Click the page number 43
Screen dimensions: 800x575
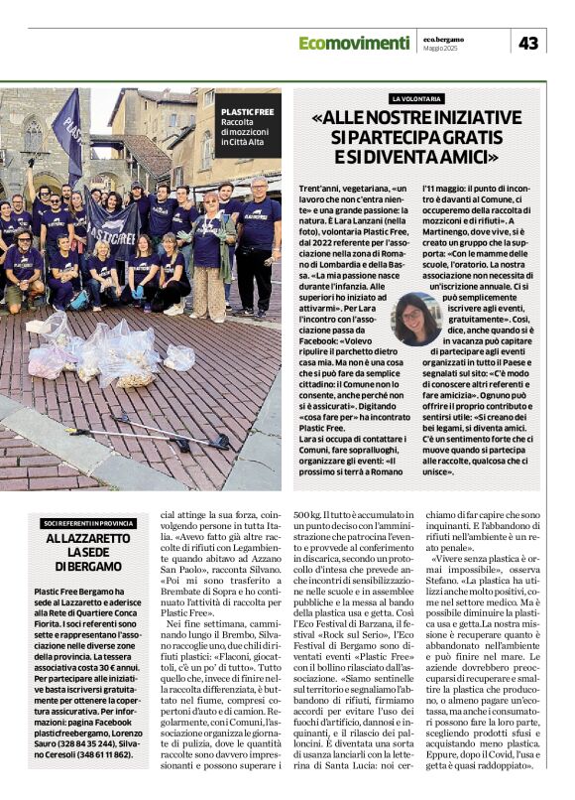tap(528, 43)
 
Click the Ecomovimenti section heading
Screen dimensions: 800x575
tap(354, 43)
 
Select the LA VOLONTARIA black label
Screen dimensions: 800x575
tap(416, 99)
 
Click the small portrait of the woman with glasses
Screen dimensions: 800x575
tap(415, 320)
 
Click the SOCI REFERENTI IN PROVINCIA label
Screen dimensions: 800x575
tap(89, 523)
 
